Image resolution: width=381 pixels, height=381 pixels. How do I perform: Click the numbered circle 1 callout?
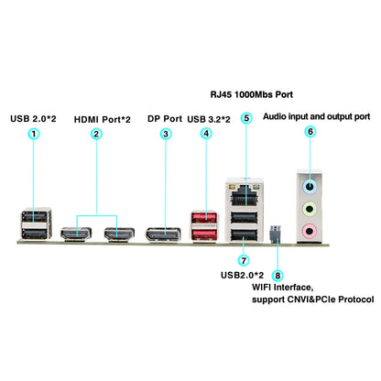(x=34, y=134)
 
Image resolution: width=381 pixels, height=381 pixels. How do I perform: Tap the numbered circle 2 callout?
(x=96, y=134)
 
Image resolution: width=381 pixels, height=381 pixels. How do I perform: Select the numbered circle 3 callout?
(x=165, y=134)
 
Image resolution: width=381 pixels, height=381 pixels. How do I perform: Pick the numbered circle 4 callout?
(x=206, y=134)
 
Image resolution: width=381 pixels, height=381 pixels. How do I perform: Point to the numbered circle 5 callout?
(x=245, y=118)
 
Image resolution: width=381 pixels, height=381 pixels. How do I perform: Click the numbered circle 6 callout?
(x=310, y=132)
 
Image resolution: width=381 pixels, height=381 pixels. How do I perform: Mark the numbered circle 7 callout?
(x=244, y=261)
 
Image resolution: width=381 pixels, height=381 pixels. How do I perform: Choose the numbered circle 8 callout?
(x=278, y=274)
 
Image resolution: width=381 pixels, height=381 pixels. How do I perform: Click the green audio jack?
(x=310, y=210)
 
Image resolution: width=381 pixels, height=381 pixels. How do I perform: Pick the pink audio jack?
(x=310, y=231)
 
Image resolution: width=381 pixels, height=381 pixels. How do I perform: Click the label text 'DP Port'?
(x=165, y=118)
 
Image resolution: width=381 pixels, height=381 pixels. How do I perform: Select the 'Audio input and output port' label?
(x=316, y=117)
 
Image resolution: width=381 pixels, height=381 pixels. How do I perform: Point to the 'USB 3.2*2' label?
(x=210, y=118)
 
